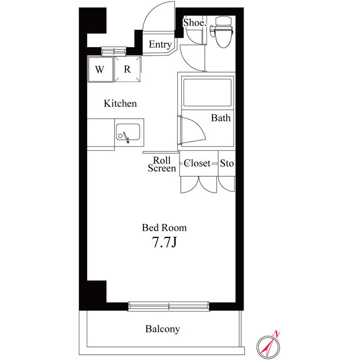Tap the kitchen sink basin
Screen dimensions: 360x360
coord(128,132)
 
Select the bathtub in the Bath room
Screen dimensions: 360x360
coord(208,92)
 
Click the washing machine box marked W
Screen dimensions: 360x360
coord(101,69)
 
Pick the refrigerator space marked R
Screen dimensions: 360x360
coord(128,69)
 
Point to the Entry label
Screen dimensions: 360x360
coord(160,44)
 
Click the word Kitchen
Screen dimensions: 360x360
coord(120,103)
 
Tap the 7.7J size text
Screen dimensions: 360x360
coord(164,242)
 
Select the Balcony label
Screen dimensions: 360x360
coord(163,328)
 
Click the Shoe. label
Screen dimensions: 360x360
coord(195,22)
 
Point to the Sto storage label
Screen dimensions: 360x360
coord(227,163)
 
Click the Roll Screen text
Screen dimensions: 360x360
coord(162,164)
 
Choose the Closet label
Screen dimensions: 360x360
coord(197,163)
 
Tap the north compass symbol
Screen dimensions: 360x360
coord(268,346)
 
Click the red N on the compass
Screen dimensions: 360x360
coord(277,334)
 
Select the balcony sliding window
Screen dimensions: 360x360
coord(169,306)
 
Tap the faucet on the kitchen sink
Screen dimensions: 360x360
coord(126,137)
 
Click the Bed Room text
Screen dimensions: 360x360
coord(164,228)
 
